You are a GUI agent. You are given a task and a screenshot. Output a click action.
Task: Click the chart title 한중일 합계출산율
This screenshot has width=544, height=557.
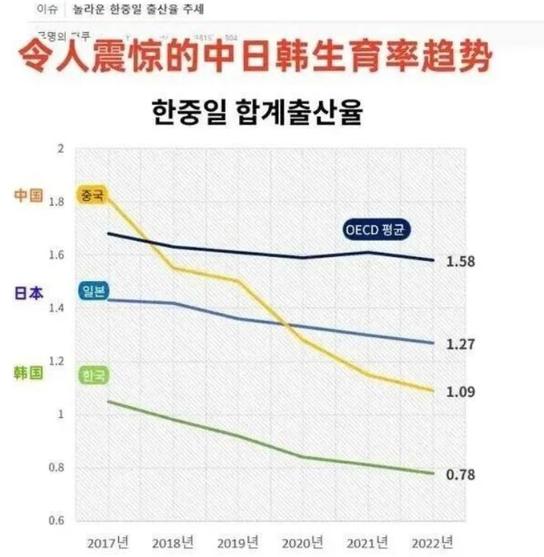[x=257, y=113]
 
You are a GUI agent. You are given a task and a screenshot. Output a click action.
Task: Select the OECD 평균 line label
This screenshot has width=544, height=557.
[x=378, y=230]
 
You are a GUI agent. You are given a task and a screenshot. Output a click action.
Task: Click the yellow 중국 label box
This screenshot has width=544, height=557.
[x=91, y=195]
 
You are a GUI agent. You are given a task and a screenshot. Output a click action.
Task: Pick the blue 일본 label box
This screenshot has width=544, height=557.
[x=91, y=291]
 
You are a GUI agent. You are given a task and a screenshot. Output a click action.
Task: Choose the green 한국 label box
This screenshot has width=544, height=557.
[x=91, y=376]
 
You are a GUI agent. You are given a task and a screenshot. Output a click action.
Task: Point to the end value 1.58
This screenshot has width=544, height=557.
[x=460, y=262]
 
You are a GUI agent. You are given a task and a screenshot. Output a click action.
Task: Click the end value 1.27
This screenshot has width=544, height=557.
[x=460, y=344]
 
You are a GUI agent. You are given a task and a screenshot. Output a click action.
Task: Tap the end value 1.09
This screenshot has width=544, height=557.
[x=460, y=391]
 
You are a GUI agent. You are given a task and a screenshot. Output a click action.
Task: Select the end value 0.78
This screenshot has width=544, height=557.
[x=460, y=475]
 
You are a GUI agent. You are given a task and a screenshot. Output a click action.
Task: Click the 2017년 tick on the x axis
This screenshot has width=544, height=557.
[x=107, y=543]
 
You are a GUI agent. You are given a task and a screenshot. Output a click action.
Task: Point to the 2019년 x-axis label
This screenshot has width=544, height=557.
[x=237, y=543]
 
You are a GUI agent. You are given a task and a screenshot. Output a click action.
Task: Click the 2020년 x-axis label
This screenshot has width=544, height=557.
[x=302, y=543]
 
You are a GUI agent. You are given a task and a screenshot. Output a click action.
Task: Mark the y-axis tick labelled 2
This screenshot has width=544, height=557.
[x=59, y=149]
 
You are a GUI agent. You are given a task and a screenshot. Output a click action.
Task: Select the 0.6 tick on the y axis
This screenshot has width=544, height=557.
[x=55, y=521]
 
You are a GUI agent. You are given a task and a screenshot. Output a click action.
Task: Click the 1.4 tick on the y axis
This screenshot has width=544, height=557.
[x=55, y=308]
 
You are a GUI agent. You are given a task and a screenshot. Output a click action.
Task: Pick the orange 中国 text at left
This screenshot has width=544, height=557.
[x=28, y=195]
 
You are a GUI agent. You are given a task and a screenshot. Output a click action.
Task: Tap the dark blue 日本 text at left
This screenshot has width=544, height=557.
[x=28, y=293]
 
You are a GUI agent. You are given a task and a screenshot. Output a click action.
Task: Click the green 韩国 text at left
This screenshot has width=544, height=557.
[x=28, y=372]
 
